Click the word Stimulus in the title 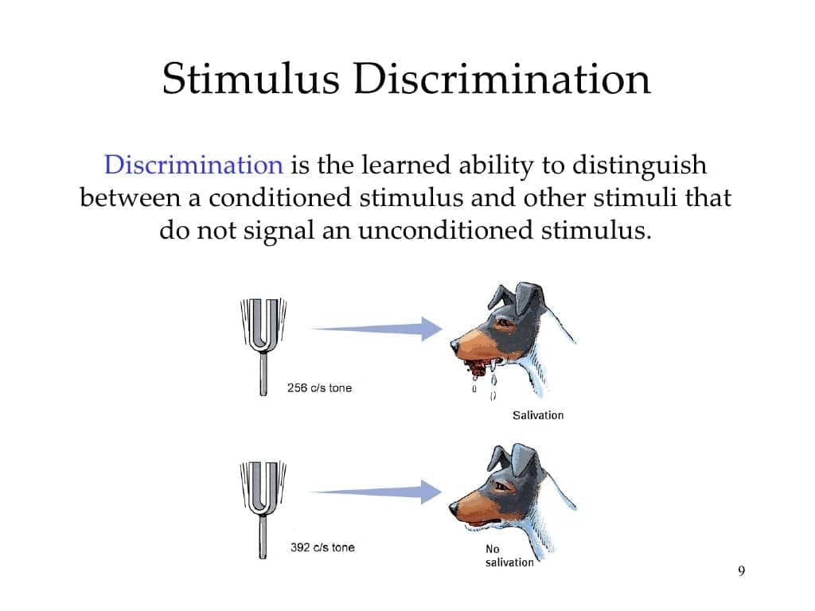pos(251,79)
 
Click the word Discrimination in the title pos(502,79)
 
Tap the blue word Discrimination pos(194,165)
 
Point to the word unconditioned pos(446,230)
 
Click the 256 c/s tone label pos(319,388)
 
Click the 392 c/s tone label pos(322,547)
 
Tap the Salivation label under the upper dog pos(538,415)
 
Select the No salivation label pos(509,556)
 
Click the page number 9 pos(741,571)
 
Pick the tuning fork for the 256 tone pos(263,346)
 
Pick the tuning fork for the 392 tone pos(263,509)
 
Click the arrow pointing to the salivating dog pos(376,329)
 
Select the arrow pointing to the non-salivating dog pos(376,492)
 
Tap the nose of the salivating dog pos(455,344)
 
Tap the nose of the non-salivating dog pos(454,507)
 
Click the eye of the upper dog pos(503,323)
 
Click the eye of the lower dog pos(502,486)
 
